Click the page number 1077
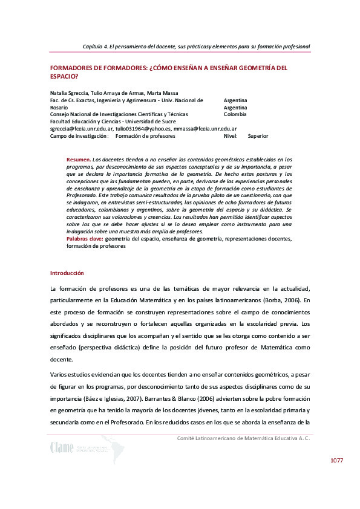336,461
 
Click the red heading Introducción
67,273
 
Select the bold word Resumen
78,159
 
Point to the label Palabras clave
85,239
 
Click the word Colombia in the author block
235,114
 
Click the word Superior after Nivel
258,136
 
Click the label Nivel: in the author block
230,136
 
